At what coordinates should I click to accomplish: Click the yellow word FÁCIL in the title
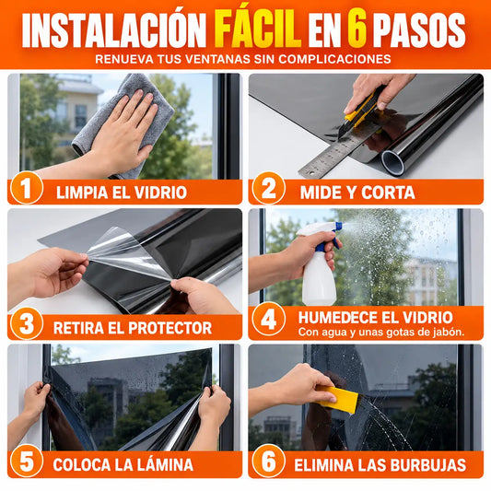(x=258, y=29)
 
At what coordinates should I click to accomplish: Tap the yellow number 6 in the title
(x=357, y=30)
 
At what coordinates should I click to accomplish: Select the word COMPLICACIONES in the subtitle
(x=334, y=59)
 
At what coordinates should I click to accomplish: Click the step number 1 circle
(x=27, y=188)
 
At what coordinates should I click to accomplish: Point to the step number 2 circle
(x=268, y=188)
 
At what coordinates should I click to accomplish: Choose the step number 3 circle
(x=27, y=323)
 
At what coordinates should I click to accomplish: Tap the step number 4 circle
(x=268, y=320)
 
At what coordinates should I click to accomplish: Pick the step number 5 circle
(x=27, y=461)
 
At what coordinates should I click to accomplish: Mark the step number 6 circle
(x=268, y=461)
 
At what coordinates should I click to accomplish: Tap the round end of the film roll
(x=392, y=161)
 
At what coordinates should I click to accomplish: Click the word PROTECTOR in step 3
(x=170, y=328)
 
